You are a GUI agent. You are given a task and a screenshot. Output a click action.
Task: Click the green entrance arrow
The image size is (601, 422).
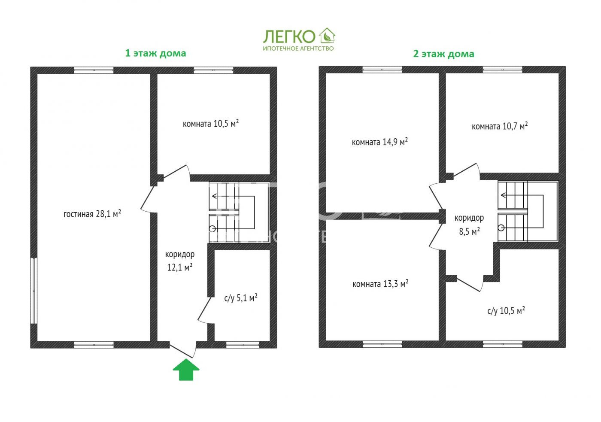[186, 370]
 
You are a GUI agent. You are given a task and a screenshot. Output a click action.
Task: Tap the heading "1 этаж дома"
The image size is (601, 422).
[155, 53]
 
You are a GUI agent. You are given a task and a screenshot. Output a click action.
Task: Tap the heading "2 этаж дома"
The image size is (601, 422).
[443, 54]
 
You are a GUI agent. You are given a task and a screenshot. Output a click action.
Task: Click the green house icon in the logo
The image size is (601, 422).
[327, 35]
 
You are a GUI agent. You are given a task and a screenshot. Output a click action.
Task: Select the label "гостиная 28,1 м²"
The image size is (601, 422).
[92, 213]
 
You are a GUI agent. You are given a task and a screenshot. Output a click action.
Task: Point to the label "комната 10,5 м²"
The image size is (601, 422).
[211, 124]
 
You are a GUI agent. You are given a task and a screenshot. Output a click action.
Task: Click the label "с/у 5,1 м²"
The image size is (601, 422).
[241, 298]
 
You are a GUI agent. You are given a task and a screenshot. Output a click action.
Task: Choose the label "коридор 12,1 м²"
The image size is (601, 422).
[180, 261]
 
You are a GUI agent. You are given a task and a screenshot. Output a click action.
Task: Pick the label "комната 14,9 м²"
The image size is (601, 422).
[379, 142]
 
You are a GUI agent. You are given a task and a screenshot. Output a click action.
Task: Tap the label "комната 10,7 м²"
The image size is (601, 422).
[500, 126]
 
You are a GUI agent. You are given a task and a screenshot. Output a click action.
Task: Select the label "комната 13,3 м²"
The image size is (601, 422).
[380, 284]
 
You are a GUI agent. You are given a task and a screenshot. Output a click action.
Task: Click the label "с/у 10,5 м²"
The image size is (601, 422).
[506, 311]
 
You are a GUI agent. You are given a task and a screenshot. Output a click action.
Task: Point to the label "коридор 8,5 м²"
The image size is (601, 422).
[469, 225]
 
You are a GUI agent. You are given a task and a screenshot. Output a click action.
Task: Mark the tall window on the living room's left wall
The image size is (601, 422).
[33, 290]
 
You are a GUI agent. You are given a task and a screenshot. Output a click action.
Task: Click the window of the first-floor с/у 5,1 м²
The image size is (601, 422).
[243, 344]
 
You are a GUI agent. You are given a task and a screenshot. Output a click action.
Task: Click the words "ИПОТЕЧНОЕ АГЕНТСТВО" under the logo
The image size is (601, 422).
[298, 49]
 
